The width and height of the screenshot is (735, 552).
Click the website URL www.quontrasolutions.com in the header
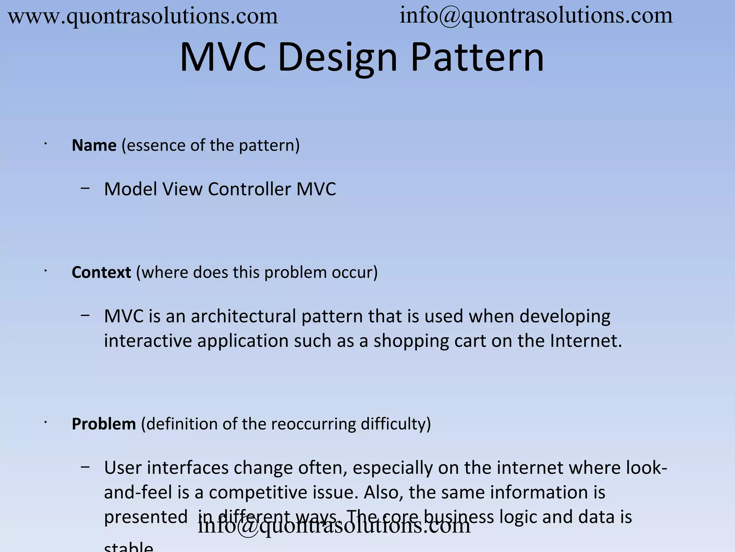tap(143, 17)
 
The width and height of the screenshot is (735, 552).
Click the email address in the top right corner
tap(536, 16)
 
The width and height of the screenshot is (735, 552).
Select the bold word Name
tap(94, 146)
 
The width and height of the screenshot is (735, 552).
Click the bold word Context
tap(101, 272)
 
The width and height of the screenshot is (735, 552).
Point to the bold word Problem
tap(104, 424)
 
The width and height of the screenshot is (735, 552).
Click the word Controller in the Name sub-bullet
tap(249, 189)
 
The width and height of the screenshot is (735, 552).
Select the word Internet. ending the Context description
tap(586, 341)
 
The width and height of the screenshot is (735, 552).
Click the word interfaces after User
tap(188, 468)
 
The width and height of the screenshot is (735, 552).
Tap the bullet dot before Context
tap(46, 271)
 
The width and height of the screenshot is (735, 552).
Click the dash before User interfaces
tap(85, 467)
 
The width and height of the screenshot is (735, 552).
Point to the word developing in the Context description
tap(565, 316)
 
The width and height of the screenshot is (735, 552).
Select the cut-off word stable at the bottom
tap(128, 547)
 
